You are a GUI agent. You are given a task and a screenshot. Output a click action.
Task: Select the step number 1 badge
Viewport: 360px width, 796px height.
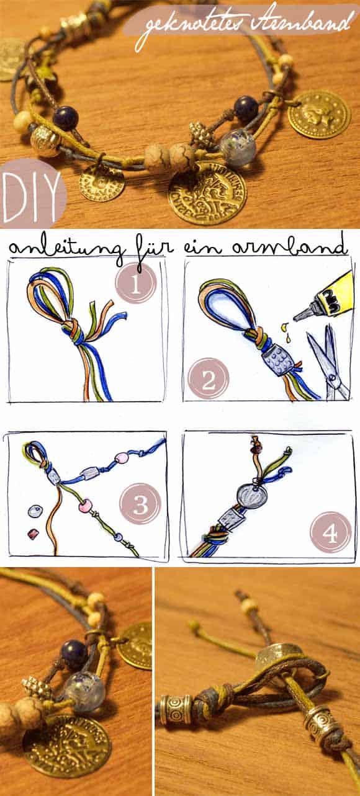pyautogui.click(x=136, y=284)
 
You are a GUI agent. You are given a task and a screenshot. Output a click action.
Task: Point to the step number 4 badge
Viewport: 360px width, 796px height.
pyautogui.click(x=330, y=532)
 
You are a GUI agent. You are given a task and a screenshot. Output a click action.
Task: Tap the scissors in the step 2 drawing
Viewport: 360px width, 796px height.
pyautogui.click(x=326, y=362)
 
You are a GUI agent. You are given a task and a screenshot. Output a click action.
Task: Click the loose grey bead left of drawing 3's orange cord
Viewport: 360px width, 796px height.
pyautogui.click(x=35, y=512)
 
